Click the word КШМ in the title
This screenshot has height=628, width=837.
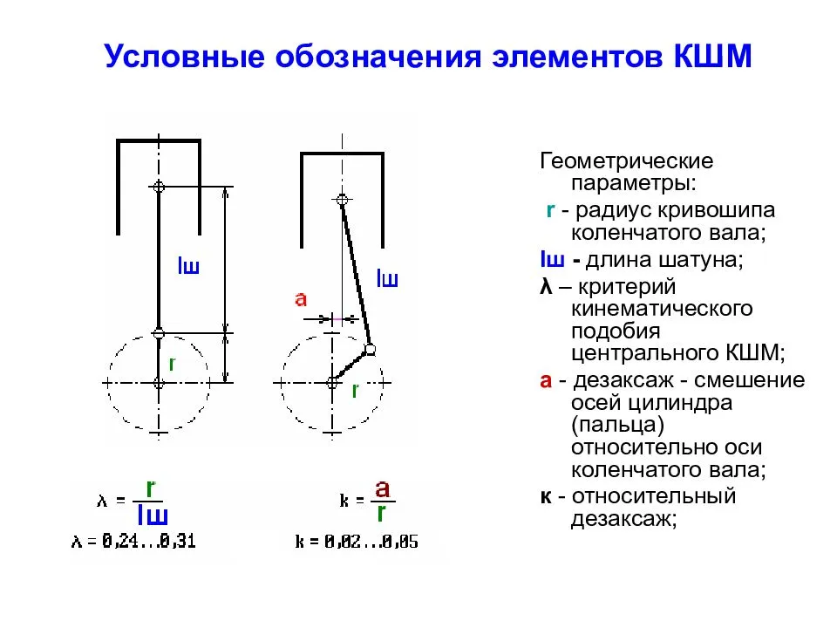pos(713,56)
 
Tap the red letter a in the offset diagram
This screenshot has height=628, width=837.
pos(301,299)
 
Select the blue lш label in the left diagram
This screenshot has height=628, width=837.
pos(188,265)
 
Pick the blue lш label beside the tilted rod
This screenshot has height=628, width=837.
pos(387,278)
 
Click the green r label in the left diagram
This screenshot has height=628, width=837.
pos(172,365)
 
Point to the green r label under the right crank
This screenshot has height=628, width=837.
pos(355,391)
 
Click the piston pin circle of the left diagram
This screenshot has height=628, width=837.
pos(159,187)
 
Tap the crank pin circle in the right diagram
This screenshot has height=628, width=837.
pos(370,350)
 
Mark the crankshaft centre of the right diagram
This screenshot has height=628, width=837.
pos(332,383)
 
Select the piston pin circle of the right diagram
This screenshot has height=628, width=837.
pos(342,200)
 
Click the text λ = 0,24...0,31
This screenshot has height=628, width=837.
pos(133,542)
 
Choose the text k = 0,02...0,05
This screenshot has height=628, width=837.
pos(357,542)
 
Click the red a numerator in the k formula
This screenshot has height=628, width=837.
pos(382,488)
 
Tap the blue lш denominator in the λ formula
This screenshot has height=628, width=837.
pos(153,515)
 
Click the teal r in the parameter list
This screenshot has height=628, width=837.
pos(551,210)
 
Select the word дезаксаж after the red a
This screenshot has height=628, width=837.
pos(623,380)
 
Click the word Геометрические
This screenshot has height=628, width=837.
pos(627,160)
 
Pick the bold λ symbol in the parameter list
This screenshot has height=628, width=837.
pos(546,287)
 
